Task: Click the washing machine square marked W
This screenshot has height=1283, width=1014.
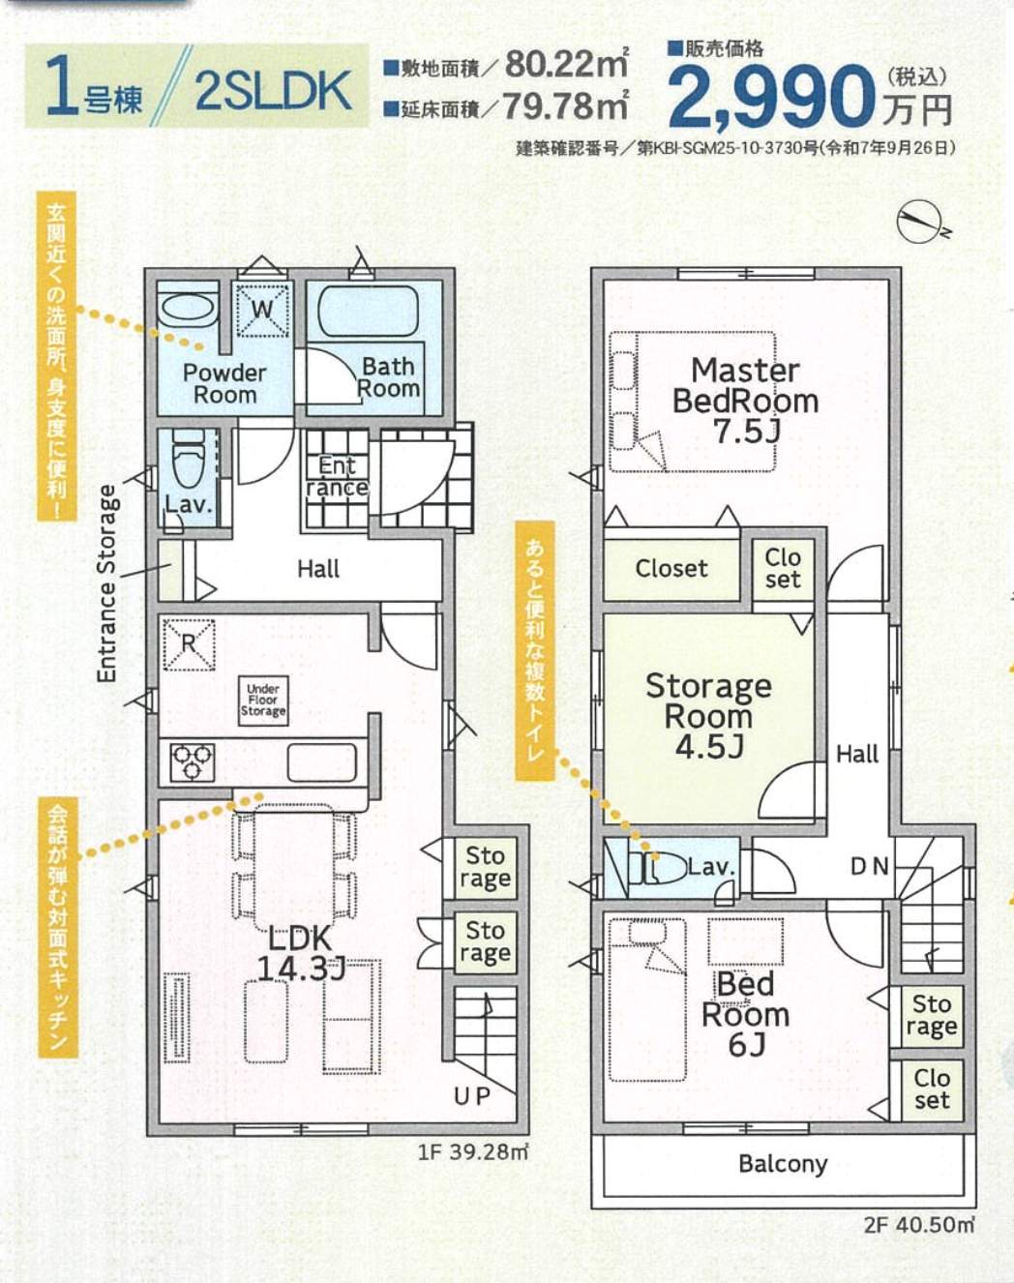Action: (x=262, y=310)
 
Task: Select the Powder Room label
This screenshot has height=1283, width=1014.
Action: (x=224, y=384)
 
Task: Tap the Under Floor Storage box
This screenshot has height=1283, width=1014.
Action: (x=262, y=700)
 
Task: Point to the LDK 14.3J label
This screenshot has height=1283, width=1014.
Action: (x=300, y=952)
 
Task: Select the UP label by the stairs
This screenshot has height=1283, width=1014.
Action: (x=472, y=1095)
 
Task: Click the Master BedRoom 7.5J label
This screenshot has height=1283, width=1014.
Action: (x=745, y=400)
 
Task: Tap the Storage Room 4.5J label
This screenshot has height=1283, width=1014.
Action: (x=708, y=715)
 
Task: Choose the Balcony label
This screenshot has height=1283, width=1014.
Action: (x=783, y=1163)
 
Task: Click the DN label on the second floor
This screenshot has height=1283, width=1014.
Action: (x=869, y=866)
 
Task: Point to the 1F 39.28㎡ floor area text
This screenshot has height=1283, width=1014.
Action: (x=473, y=1152)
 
